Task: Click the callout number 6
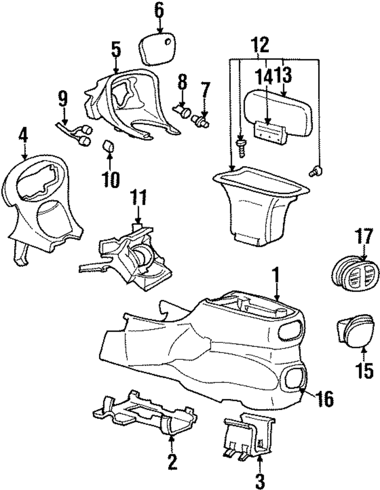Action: [x=159, y=10]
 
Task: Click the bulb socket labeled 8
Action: [x=183, y=111]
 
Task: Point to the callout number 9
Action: [x=63, y=100]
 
